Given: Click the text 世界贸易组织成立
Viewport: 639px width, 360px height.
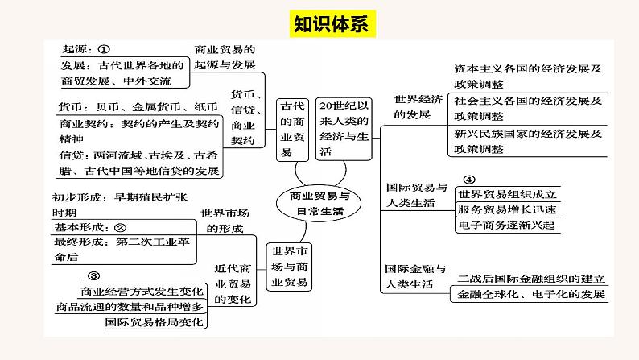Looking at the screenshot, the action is tap(506, 195).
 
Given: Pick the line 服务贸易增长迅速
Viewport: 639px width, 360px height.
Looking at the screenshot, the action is tap(506, 209).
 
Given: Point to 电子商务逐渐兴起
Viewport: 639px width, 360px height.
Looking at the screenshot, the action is tap(506, 225).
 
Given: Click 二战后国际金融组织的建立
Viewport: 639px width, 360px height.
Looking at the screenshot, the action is tap(530, 279).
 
